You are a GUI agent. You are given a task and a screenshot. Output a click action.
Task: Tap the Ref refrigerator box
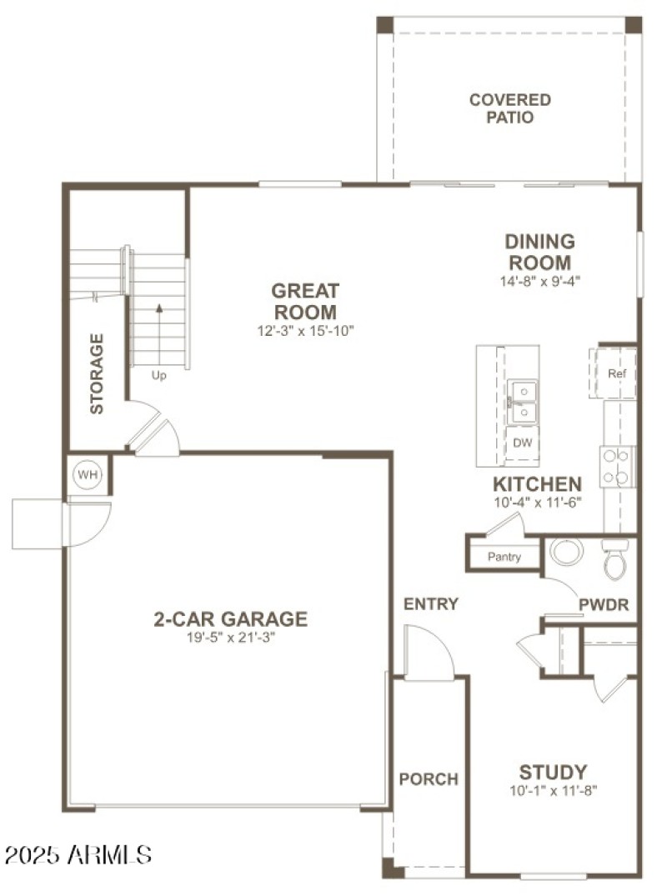(616, 373)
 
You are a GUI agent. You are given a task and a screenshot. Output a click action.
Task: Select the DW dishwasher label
(522, 443)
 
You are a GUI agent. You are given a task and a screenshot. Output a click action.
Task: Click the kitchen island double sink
(522, 401)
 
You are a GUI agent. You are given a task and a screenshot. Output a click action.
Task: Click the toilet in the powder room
(615, 558)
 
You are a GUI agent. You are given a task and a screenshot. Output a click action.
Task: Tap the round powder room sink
(567, 551)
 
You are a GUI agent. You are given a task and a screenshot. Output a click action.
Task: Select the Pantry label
(504, 557)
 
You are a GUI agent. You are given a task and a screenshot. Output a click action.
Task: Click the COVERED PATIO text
(509, 108)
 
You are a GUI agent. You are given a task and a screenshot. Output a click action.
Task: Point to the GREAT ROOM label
(306, 302)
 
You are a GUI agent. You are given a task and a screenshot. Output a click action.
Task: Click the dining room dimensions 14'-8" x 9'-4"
(539, 282)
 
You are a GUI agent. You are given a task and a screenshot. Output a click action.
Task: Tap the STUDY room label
(553, 772)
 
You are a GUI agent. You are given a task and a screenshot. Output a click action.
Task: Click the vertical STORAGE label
(98, 373)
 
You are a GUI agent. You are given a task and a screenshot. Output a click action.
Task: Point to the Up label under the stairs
(158, 375)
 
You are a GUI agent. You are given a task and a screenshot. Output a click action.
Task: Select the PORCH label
(429, 779)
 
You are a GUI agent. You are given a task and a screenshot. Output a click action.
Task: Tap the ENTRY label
(431, 604)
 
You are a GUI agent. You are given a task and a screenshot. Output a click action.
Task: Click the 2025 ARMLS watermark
(78, 854)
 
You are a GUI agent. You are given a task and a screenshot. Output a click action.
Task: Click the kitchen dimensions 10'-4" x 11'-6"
(536, 502)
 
